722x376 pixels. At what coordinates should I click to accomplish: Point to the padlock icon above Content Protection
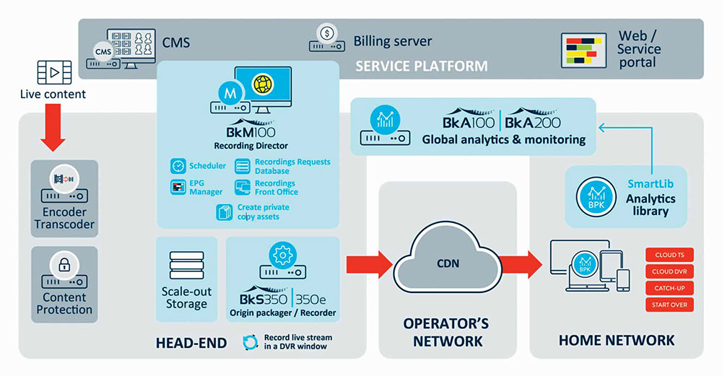tap(64, 264)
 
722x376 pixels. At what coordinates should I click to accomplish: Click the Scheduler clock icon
tap(178, 165)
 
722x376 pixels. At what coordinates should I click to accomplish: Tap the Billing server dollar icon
tap(327, 33)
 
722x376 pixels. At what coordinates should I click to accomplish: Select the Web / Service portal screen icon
tap(583, 50)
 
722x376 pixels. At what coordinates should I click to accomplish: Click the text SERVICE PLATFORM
tap(421, 66)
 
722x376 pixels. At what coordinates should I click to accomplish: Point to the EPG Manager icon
tap(178, 188)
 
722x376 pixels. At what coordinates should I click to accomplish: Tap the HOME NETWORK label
tap(617, 340)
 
